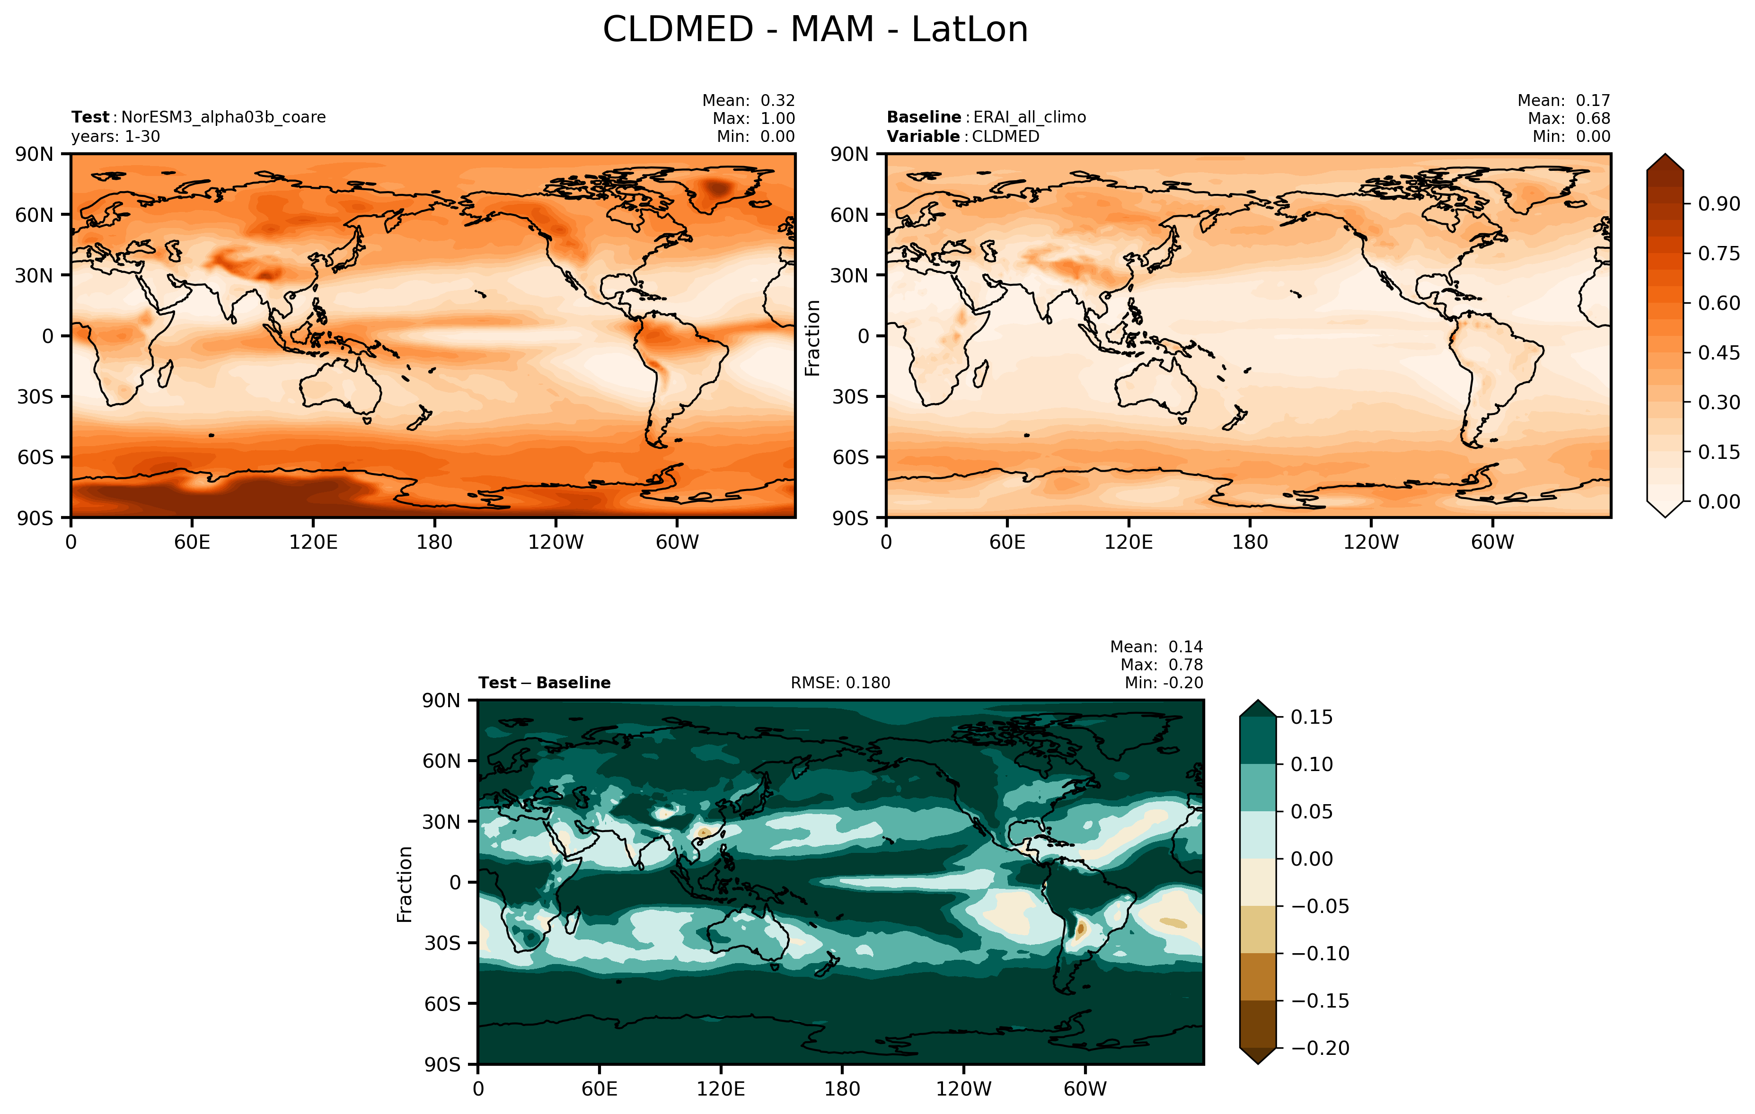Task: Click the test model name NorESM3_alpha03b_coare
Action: [x=223, y=117]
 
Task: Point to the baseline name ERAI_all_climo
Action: [x=1029, y=117]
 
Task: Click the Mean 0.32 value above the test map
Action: [x=777, y=101]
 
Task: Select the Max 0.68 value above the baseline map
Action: [x=1593, y=118]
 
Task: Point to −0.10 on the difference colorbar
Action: [x=1319, y=954]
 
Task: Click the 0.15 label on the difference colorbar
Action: [x=1311, y=718]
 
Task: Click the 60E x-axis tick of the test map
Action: [x=193, y=542]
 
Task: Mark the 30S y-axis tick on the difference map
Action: [x=442, y=943]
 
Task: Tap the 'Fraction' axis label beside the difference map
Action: [x=405, y=884]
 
